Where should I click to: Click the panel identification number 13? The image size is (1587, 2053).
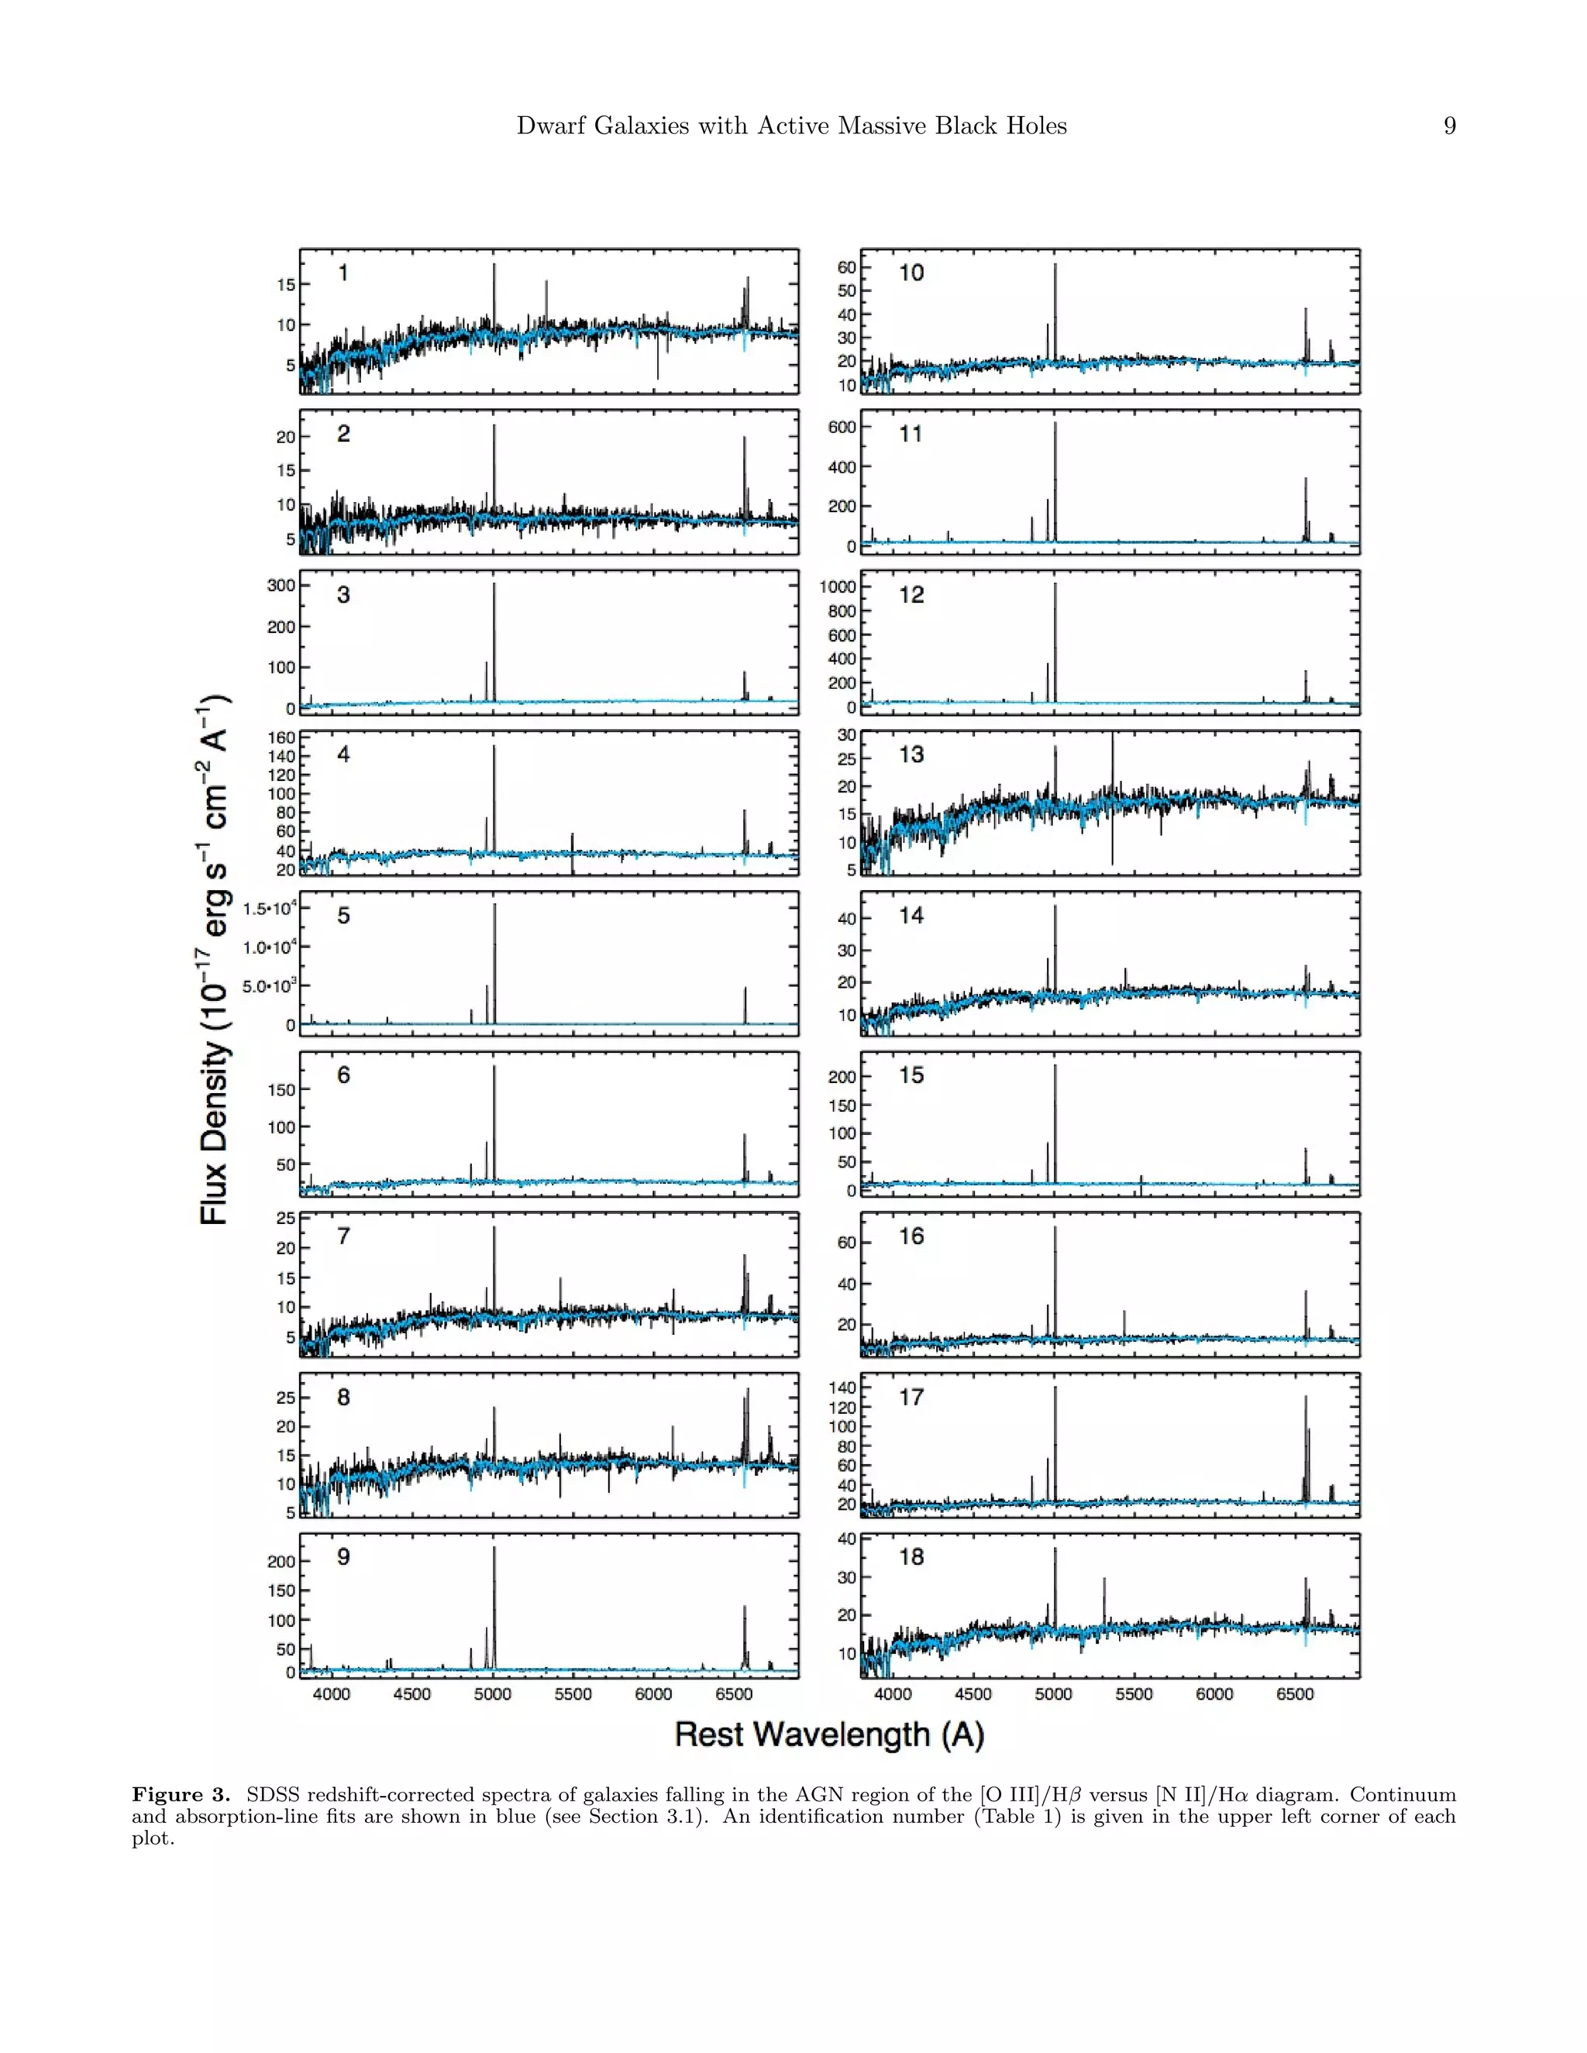[911, 755]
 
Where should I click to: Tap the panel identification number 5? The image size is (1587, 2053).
[343, 916]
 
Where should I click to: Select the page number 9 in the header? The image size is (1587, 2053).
[1449, 126]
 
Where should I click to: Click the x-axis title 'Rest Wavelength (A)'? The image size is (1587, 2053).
[829, 1735]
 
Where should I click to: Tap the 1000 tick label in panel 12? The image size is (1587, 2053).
[837, 586]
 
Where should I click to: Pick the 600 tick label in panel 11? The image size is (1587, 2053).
[842, 428]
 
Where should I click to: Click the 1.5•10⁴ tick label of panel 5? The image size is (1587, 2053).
[270, 908]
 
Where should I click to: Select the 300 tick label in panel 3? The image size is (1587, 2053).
[281, 585]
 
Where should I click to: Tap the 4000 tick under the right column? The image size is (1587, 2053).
[892, 1694]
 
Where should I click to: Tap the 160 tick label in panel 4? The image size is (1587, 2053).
[283, 738]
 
